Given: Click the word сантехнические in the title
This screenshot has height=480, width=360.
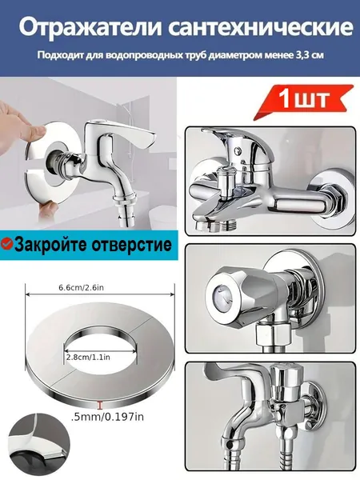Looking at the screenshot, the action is [x=261, y=28].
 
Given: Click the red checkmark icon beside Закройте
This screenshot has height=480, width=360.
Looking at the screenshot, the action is [x=6, y=244].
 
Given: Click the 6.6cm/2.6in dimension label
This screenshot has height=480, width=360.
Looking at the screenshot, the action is [x=81, y=287].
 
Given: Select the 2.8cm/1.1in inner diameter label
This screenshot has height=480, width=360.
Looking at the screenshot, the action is [x=88, y=357].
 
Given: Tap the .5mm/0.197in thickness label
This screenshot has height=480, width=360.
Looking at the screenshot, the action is [x=107, y=416].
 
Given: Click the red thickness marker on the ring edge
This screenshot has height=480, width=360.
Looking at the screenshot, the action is [x=99, y=405].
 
